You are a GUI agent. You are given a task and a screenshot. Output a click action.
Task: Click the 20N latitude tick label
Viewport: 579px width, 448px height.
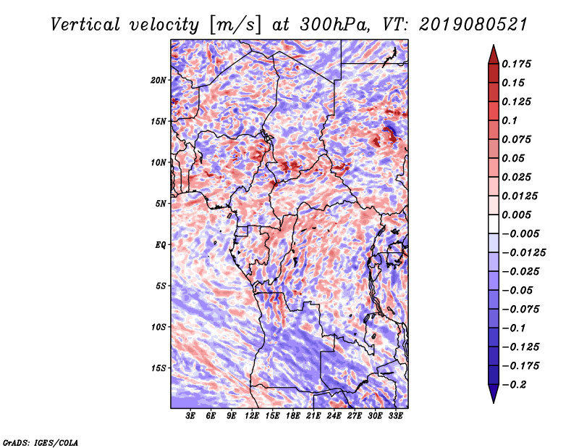pos(159,80)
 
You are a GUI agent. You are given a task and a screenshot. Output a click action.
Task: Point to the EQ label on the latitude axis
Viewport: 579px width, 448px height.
pos(161,245)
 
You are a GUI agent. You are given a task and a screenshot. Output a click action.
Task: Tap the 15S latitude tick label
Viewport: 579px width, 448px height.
pos(159,368)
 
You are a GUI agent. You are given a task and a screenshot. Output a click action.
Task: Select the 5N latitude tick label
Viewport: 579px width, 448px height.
pos(161,204)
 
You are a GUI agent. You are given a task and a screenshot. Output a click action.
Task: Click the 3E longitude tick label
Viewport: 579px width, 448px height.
pos(190,416)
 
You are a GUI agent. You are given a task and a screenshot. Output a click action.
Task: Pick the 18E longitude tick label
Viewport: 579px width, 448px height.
pos(293,416)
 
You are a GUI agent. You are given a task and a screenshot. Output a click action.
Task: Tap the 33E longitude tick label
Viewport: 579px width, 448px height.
pos(395,416)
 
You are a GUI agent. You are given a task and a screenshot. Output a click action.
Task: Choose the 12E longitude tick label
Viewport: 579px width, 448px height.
pos(252,416)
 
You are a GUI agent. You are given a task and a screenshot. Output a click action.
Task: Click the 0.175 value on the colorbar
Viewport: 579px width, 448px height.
pos(516,64)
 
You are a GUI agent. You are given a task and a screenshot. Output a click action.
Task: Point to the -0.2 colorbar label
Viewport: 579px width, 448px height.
pos(514,385)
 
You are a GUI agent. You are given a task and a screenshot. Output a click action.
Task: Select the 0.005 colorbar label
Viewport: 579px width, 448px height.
pos(516,215)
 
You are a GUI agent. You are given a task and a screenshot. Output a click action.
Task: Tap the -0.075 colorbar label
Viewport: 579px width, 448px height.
pos(520,309)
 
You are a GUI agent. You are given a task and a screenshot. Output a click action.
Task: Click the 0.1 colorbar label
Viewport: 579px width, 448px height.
pos(510,120)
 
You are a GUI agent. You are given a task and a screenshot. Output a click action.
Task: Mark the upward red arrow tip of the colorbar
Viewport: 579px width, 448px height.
pos(494,45)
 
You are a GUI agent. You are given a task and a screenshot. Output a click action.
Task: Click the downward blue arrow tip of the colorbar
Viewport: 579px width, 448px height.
pos(494,402)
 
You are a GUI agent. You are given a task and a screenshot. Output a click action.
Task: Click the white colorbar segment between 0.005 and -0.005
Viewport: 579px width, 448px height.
pos(494,224)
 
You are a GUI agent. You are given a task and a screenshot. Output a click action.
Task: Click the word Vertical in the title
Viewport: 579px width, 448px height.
pos(85,25)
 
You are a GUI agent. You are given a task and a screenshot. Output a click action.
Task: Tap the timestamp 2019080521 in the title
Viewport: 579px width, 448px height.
pos(473,25)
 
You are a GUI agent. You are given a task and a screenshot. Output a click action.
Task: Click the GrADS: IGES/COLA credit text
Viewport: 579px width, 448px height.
pos(41,442)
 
